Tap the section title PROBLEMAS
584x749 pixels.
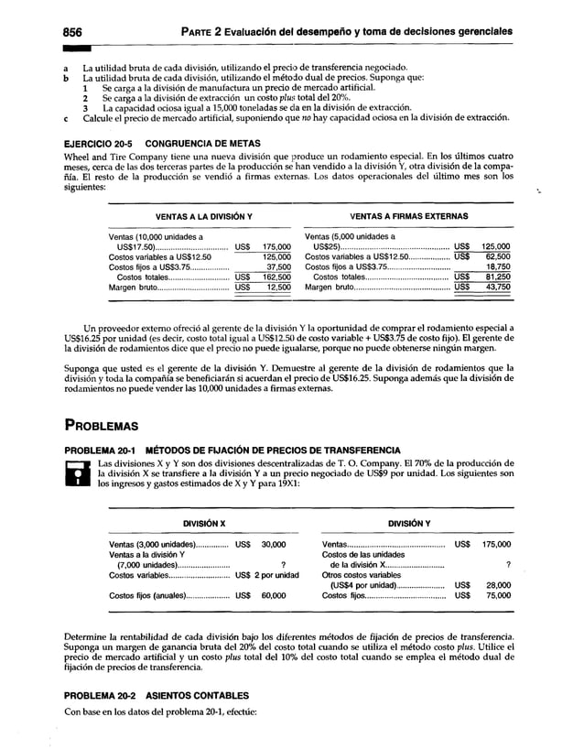click(x=102, y=426)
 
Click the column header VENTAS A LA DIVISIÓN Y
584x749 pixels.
click(x=192, y=216)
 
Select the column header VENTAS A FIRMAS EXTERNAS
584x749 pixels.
click(x=409, y=216)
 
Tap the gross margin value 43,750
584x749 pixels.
click(x=496, y=287)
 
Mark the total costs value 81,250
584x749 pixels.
click(x=496, y=277)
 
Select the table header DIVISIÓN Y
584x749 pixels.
click(x=412, y=523)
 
